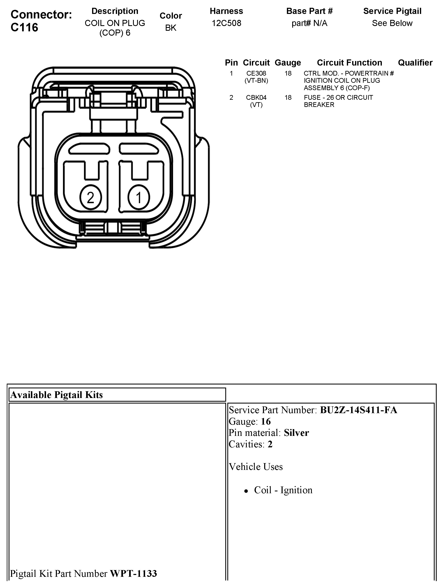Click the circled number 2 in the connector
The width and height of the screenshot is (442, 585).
90,197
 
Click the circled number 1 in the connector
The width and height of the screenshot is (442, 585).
139,197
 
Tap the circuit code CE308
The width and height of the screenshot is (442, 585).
256,73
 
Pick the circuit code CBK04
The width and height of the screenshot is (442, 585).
256,97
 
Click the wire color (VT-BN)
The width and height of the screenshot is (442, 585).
256,81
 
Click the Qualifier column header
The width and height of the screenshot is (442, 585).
415,63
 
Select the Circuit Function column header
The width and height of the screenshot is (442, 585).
349,63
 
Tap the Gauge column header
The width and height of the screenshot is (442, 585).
288,63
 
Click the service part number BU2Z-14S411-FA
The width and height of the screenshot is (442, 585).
359,410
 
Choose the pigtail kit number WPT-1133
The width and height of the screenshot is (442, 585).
133,573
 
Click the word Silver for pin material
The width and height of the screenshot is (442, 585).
296,433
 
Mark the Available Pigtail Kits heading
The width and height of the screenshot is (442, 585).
56,395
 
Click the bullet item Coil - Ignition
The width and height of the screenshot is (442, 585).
283,490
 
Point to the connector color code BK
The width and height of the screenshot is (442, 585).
171,28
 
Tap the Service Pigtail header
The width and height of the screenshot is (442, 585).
392,11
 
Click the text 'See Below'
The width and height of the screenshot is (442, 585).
392,23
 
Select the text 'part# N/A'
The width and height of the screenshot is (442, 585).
309,23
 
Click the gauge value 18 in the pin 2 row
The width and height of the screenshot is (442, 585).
288,97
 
